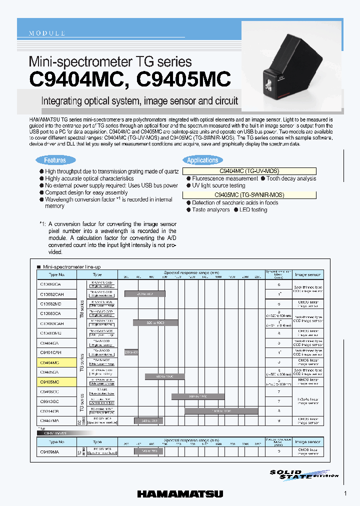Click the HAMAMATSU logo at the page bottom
pos(180,494)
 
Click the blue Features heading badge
pos(55,160)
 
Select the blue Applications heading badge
pos(202,160)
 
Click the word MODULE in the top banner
pos(47,33)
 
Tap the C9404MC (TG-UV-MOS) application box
pos(249,171)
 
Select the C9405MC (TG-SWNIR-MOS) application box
pos(249,195)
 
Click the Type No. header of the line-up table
pos(57,274)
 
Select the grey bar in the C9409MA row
pos(145,451)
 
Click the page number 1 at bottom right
pos(345,494)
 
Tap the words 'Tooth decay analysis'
pos(291,178)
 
